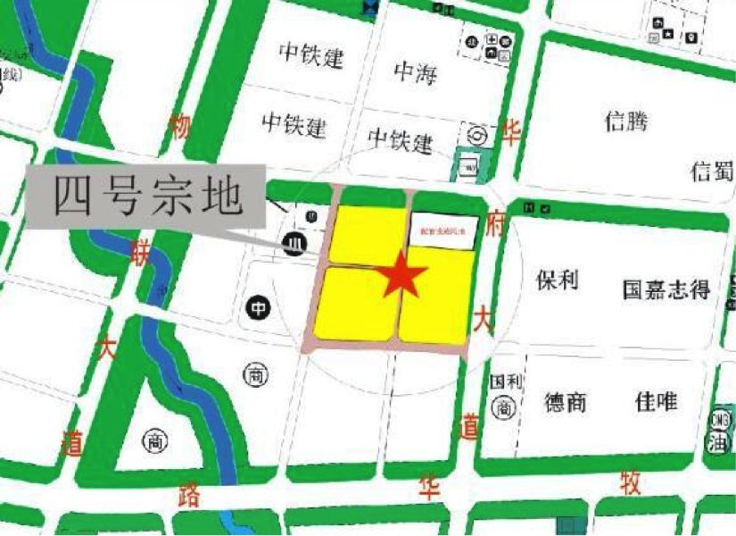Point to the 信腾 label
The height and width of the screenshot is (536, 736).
click(x=626, y=121)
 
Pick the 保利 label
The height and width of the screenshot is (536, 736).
click(x=557, y=281)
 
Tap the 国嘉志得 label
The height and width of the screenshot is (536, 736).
click(x=666, y=289)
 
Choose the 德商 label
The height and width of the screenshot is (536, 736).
click(x=566, y=402)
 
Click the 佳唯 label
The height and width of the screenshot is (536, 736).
click(x=656, y=401)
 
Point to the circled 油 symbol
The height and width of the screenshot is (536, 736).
click(x=719, y=441)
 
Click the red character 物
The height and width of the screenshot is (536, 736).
click(x=180, y=128)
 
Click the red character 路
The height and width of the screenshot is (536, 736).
click(x=189, y=496)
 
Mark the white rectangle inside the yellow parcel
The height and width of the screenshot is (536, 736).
click(x=444, y=230)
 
